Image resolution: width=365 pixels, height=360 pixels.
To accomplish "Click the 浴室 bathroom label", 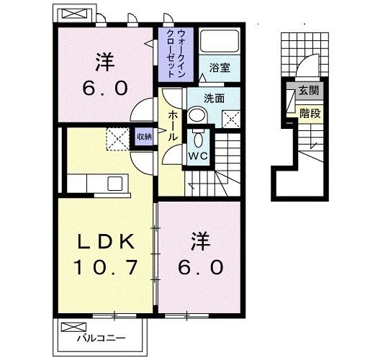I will tap(219, 67).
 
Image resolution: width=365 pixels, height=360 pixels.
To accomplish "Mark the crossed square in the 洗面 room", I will tap(232, 117).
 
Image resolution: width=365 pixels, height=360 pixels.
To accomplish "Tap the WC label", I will tap(198, 156).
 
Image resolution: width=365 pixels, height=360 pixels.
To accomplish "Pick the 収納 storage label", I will tap(144, 135).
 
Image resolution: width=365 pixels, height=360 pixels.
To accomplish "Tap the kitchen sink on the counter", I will tap(114, 184).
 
